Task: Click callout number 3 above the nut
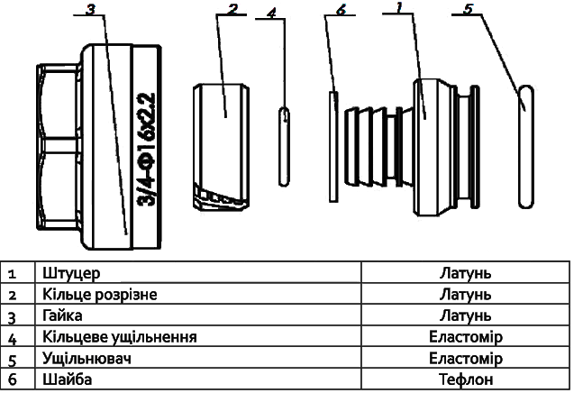click(91, 9)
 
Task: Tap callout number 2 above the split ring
click(232, 9)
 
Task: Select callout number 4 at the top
click(272, 13)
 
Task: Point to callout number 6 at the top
click(341, 10)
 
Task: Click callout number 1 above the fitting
click(399, 7)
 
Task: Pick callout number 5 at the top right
click(468, 9)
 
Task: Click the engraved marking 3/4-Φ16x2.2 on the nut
click(147, 149)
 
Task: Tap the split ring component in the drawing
click(221, 148)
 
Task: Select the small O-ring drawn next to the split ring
click(285, 147)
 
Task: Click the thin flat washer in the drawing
click(334, 147)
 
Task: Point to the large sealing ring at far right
click(526, 147)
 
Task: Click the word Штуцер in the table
click(71, 273)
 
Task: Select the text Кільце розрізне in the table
click(100, 295)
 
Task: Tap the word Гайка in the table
click(62, 315)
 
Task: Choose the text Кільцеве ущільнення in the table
click(119, 337)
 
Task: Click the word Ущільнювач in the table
click(87, 359)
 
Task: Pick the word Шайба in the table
click(67, 379)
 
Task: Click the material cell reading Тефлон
click(466, 379)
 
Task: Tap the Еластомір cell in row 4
click(466, 337)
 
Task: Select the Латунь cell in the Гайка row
click(466, 315)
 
